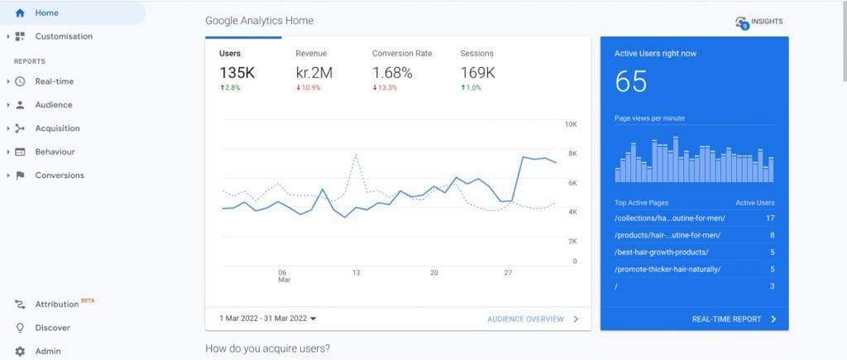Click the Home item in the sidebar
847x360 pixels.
point(46,13)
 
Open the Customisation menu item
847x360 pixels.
point(63,36)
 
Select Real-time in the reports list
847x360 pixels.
point(54,81)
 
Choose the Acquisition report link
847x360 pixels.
point(57,128)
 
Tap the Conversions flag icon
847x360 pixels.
point(20,175)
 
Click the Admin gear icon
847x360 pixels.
point(20,351)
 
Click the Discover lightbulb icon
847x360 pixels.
point(20,328)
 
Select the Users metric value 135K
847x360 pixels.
point(237,73)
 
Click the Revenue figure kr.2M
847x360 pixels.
point(313,73)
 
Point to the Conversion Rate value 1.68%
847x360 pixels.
point(392,73)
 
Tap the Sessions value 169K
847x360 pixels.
point(477,73)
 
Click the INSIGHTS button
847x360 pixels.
point(758,22)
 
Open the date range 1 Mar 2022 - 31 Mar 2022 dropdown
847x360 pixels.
point(268,319)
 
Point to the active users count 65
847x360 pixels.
point(630,82)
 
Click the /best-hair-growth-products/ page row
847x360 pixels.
point(662,252)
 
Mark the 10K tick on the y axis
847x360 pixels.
point(571,124)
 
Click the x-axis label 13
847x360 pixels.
point(356,272)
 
